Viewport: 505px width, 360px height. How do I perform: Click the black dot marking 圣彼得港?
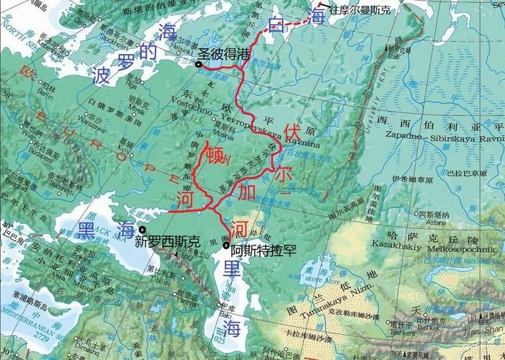tap(199, 65)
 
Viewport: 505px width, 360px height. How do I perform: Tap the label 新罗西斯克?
tap(167, 243)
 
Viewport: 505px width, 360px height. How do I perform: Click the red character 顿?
tap(215, 155)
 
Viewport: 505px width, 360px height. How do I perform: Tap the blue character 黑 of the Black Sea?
tap(86, 230)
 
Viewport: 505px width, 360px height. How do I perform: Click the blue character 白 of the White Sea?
tap(274, 26)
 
